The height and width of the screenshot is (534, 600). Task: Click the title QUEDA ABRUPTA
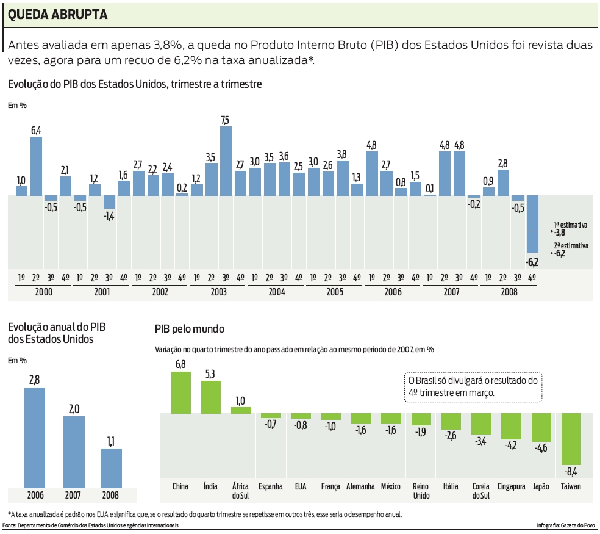58,15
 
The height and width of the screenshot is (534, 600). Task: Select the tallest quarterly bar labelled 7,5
226,161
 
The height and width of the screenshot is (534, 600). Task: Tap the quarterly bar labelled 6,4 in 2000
37,166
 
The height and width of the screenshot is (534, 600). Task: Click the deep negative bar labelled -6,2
532,224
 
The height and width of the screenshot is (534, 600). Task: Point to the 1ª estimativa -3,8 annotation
570,228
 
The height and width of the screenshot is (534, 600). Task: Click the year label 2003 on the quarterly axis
218,292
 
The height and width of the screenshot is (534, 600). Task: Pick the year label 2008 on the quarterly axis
509,292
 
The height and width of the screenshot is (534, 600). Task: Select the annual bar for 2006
35,437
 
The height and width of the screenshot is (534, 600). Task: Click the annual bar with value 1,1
111,467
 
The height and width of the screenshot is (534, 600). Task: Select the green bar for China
180,392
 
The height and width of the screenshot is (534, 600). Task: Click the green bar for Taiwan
571,439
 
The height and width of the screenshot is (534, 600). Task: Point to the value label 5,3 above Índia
210,374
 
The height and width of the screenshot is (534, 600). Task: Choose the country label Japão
541,486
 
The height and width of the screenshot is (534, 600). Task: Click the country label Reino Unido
421,491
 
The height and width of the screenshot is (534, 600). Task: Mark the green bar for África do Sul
241,410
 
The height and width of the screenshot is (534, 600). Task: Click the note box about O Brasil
473,387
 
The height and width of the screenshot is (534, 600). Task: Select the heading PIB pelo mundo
190,329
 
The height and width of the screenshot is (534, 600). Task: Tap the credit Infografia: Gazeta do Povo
565,525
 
